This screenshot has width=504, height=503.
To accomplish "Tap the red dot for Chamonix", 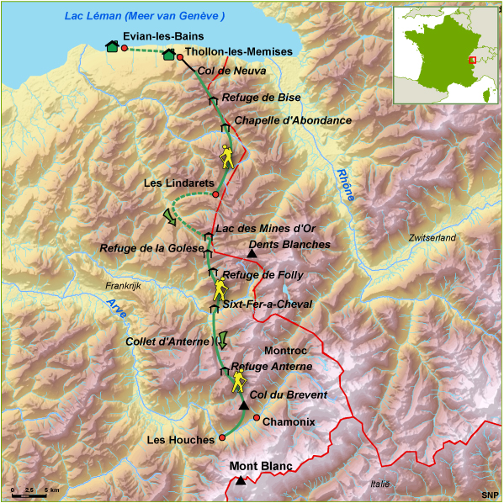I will point(256,418).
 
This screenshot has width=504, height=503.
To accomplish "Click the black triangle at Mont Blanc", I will point(241,481).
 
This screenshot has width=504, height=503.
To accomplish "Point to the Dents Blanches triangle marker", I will point(251,253).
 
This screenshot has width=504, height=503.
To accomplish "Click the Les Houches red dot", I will point(222,437).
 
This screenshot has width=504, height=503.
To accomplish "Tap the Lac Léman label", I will point(145,17).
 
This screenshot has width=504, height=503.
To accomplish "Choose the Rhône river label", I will point(346,183).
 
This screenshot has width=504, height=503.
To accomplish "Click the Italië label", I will point(381,484).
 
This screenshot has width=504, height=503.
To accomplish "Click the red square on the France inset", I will point(474,61).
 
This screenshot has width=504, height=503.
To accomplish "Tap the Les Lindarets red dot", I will point(215,194).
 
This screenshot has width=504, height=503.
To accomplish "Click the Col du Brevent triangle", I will point(244,405).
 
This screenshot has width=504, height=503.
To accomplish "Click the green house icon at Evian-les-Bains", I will point(112,47).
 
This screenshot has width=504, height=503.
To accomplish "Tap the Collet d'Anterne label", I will point(166,342).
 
